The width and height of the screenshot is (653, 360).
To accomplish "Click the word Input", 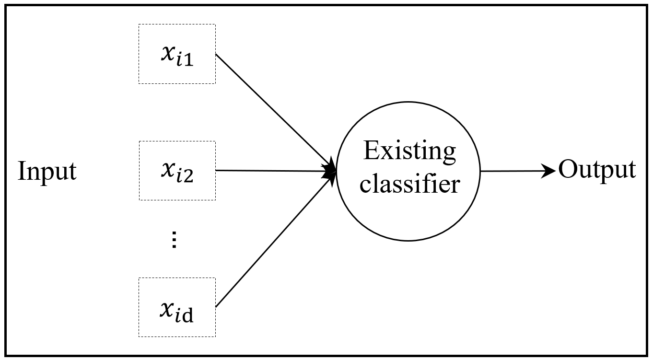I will pos(47,171).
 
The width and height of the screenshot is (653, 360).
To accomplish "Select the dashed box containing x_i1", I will pos(177,54).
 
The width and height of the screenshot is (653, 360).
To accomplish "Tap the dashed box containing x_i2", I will pos(177,171).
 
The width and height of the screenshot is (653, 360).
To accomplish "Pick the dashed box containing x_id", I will pos(177,307).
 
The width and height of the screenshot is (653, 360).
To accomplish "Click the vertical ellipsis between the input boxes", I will pos(175,239).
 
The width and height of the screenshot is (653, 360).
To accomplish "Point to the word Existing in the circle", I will pos(409,151).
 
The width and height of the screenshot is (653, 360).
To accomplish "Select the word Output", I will pos(597,170).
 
